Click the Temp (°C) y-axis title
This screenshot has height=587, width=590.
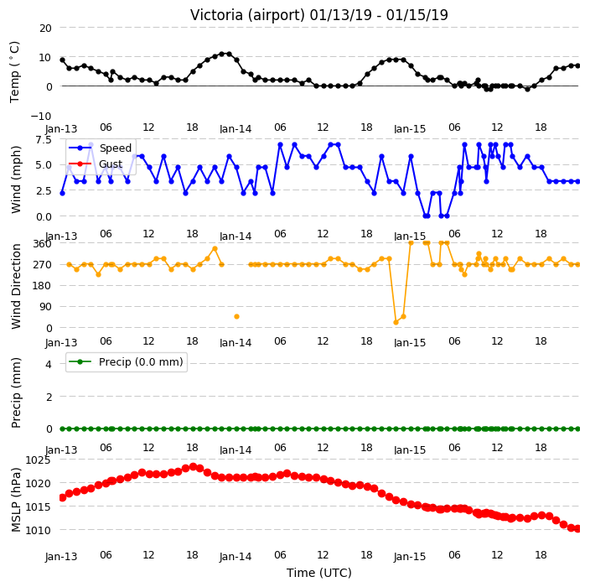tap(15, 72)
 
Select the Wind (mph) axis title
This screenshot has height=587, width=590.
tap(15, 179)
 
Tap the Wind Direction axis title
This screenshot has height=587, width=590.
tap(15, 287)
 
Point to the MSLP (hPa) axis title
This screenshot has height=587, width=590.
tap(15, 500)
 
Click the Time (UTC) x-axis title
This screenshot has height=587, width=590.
tap(319, 573)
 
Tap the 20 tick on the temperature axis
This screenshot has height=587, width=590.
tap(45, 29)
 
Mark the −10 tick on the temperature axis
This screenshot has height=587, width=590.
tap(40, 117)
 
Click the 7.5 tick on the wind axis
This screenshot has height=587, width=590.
tap(44, 140)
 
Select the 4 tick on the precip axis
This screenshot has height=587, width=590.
tap(49, 364)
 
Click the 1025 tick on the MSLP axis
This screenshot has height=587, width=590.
tap(38, 460)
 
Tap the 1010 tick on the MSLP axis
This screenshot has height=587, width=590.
tap(38, 530)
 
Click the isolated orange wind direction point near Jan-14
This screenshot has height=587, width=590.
tap(236, 317)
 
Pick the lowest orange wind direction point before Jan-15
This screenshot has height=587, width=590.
tap(396, 322)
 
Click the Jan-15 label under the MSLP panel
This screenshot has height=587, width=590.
tap(410, 557)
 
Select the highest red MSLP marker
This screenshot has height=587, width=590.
tap(193, 467)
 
